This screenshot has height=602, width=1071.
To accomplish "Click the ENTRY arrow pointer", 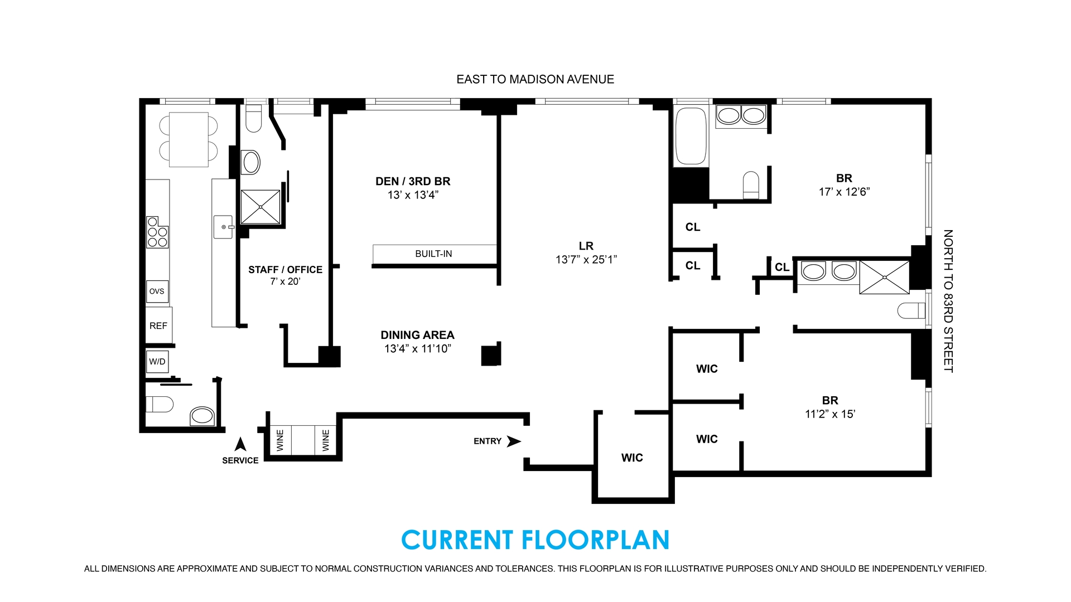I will point(513,441).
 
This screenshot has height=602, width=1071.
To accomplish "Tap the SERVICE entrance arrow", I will point(240,444).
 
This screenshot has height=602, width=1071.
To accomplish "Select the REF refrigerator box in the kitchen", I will point(158,326).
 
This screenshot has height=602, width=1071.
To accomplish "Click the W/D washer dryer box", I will point(157,362).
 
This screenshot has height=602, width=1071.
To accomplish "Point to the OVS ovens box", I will point(157,292).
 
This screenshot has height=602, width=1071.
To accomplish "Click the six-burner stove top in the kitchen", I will point(157,232).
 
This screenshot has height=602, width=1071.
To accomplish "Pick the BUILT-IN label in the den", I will point(433,254).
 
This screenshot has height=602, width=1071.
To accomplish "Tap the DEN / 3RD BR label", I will point(413,181).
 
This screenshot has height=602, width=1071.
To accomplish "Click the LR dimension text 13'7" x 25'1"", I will point(586,260).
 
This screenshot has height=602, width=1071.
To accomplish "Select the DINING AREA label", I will point(417,335).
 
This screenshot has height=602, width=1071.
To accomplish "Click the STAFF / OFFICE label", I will point(285,270).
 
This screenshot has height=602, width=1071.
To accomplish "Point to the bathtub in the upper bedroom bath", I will point(691,136).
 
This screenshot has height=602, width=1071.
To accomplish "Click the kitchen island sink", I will point(223,227).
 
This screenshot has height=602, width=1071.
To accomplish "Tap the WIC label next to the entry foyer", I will point(632,458).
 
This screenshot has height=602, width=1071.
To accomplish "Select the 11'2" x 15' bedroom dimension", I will point(830,414).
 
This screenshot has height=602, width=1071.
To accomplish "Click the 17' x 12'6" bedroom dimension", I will point(844,192).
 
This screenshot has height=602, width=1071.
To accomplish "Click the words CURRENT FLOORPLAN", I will point(535,540).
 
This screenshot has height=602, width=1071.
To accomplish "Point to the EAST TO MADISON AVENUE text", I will point(535,79).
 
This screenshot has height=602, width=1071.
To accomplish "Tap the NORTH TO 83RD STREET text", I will point(948,301).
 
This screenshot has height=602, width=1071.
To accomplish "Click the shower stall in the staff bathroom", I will point(260,207).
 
